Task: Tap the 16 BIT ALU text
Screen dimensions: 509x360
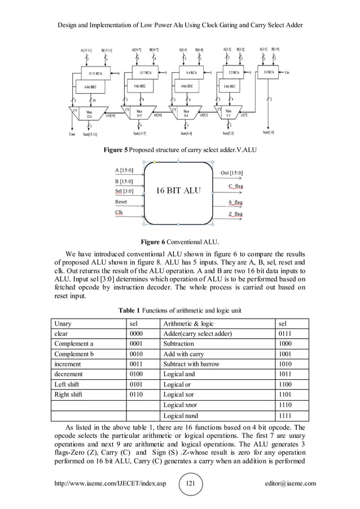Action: click(178, 190)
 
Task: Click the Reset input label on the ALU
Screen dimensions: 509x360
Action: click(121, 201)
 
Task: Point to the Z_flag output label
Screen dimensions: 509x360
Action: click(235, 214)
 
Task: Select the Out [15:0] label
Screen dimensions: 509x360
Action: click(230, 172)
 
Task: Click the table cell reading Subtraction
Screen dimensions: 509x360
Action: click(178, 344)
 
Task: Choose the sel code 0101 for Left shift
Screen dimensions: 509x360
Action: click(135, 384)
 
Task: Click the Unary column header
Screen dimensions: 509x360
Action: click(63, 323)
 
